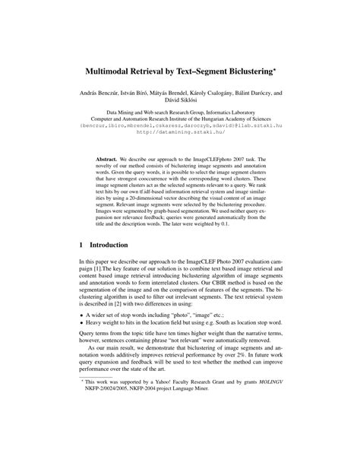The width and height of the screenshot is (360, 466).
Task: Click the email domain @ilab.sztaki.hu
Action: coord(257,131)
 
